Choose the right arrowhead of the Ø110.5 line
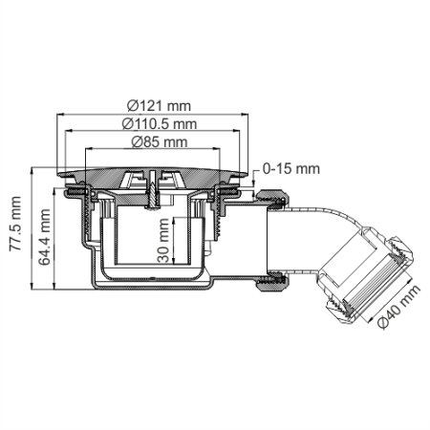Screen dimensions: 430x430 point(238,133)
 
